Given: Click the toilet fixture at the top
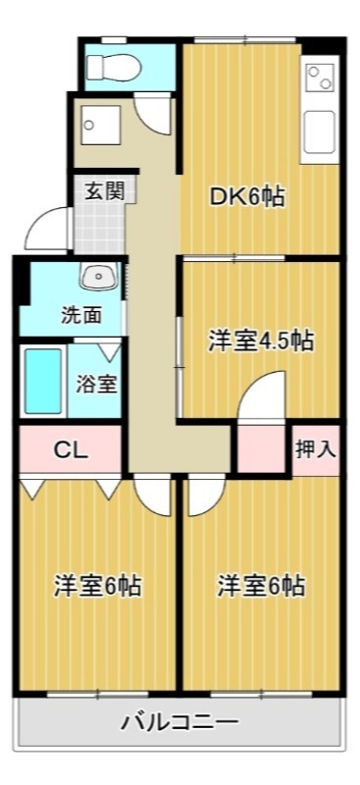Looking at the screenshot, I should click(x=109, y=66).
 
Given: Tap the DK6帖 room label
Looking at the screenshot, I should click(x=247, y=196).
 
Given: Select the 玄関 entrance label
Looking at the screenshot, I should click(x=102, y=190).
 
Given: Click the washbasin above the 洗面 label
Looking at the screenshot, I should click(x=98, y=278).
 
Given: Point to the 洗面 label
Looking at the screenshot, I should click(x=81, y=315).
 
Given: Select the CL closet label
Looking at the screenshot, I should click(x=71, y=450).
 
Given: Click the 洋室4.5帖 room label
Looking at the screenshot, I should click(x=260, y=341).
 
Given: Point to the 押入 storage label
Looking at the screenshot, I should click(x=316, y=449).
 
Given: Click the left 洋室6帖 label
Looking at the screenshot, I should click(x=97, y=587).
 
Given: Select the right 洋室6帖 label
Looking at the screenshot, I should click(x=261, y=587).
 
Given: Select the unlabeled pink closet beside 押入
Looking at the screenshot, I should click(x=260, y=448).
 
